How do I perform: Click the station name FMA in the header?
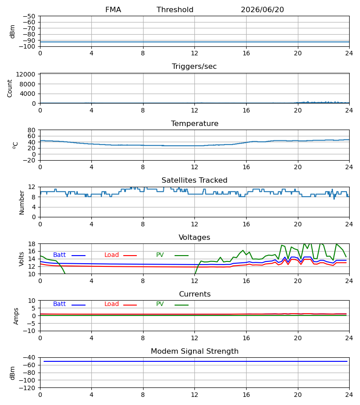pos(113,10)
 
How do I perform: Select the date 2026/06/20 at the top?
pos(262,10)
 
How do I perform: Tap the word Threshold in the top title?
pos(175,10)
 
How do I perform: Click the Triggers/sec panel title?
pos(194,67)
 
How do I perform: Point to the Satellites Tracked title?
pos(194,180)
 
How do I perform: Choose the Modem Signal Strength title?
pos(194,351)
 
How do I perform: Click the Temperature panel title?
pos(194,123)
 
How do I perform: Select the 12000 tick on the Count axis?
pos(26,74)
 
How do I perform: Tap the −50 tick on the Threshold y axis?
pos(29,16)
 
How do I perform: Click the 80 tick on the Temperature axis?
pos(31,130)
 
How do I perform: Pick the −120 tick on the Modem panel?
pos(27,388)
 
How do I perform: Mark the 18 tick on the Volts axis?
pos(31,244)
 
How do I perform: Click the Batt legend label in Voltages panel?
pos(59,255)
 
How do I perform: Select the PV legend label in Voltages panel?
pos(160,255)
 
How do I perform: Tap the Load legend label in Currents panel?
pos(112,304)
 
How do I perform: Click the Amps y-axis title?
pos(16,316)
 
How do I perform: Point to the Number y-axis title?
pos(22,203)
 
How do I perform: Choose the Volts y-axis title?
pos(22,259)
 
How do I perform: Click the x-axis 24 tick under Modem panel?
pos(349,395)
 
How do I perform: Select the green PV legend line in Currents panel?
pos(181,305)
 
